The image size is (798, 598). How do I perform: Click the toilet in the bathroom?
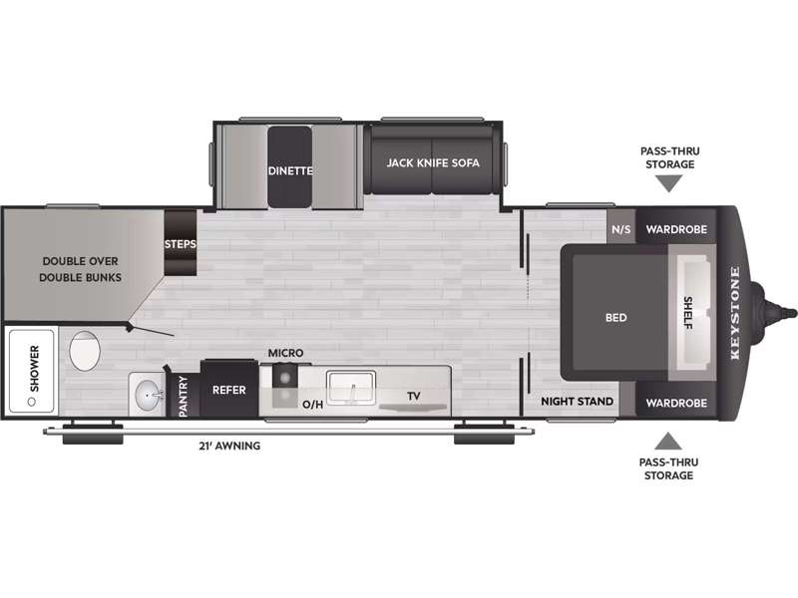(85, 351)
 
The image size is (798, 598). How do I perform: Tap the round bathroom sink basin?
(148, 395)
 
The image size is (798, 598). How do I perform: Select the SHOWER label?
(35, 369)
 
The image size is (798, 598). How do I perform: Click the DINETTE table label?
(290, 170)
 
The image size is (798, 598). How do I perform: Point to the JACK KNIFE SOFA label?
(433, 162)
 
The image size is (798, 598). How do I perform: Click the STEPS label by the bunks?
(181, 244)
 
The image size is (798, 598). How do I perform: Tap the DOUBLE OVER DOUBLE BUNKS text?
(81, 269)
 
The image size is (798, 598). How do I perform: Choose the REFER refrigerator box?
(229, 390)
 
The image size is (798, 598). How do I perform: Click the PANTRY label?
(184, 397)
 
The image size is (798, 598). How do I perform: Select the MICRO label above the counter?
(285, 353)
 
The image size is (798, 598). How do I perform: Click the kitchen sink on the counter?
(351, 388)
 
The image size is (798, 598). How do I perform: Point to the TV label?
(414, 396)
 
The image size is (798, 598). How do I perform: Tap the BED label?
(615, 318)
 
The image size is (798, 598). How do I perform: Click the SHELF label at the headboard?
(688, 313)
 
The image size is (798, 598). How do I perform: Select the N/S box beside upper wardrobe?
(620, 229)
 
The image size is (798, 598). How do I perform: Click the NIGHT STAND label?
(578, 402)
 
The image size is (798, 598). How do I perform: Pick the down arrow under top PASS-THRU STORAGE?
(668, 183)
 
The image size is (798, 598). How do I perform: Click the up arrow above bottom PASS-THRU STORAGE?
(668, 441)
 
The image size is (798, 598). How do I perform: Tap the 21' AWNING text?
(229, 446)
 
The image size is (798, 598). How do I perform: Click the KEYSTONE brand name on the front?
(735, 313)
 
